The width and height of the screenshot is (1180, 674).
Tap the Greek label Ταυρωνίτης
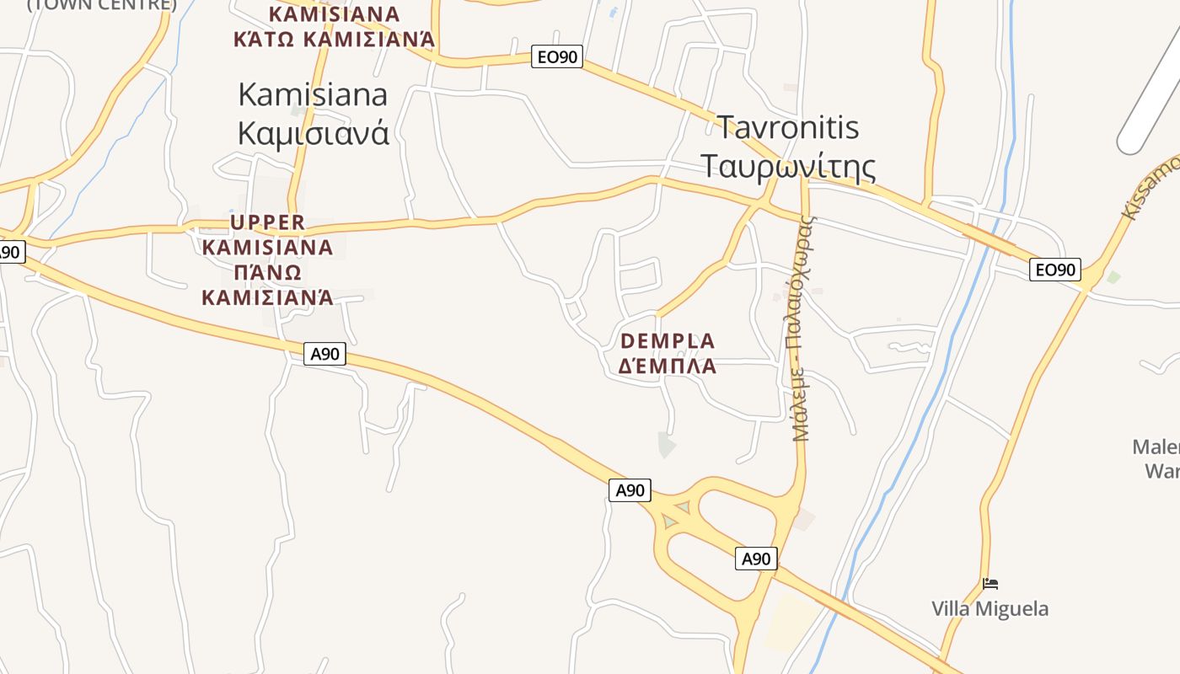coord(788,166)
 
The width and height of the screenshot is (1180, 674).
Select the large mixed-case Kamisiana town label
coord(313,94)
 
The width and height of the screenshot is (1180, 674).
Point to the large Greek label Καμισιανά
coord(313,132)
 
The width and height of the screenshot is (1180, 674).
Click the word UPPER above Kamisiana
coord(267,222)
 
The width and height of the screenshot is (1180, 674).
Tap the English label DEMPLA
coord(668,341)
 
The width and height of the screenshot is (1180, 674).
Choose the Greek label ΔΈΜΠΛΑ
coord(668,366)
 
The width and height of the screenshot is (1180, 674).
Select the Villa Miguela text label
coord(990,608)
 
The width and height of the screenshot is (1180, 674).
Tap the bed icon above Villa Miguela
coord(990,583)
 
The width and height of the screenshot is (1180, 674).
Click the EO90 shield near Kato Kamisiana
coord(557,57)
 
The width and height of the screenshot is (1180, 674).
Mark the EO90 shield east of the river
coord(1055,270)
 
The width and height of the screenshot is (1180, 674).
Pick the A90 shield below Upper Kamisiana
coord(324,354)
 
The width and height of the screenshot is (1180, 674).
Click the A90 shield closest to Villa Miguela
coord(756,559)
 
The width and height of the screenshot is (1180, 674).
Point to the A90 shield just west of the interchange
coord(630,490)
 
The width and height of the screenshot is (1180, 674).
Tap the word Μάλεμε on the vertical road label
coord(801,411)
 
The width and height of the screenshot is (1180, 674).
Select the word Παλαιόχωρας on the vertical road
coord(807,286)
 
